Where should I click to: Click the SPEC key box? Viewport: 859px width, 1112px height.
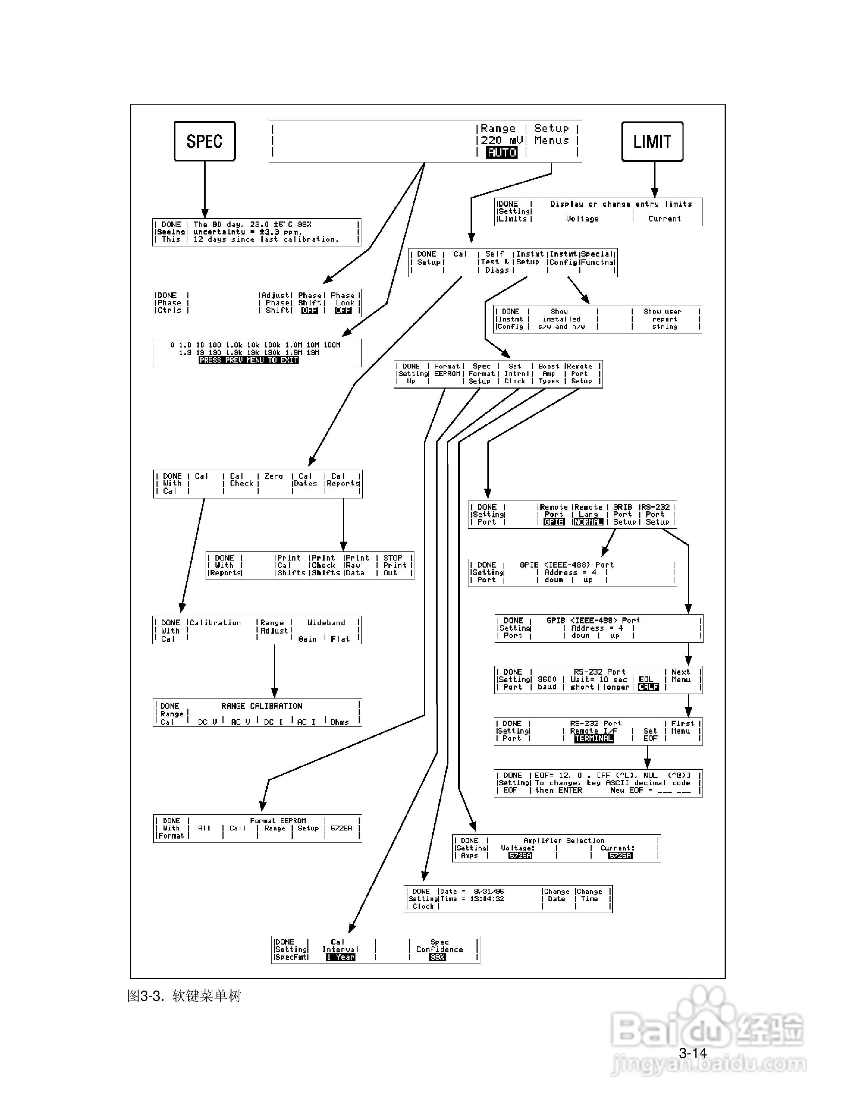pyautogui.click(x=205, y=141)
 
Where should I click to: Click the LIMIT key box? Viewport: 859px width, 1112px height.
pyautogui.click(x=652, y=141)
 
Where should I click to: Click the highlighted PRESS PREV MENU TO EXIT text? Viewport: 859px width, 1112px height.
pyautogui.click(x=248, y=360)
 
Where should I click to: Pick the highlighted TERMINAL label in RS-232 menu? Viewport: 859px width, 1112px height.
pyautogui.click(x=594, y=738)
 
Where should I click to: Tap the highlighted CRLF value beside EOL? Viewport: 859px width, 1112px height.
pyautogui.click(x=648, y=687)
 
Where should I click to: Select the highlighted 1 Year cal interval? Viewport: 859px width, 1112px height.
pyautogui.click(x=340, y=957)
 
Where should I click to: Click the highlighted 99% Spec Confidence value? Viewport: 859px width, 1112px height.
pyautogui.click(x=437, y=957)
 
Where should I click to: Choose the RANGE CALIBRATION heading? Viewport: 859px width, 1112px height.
pyautogui.click(x=261, y=706)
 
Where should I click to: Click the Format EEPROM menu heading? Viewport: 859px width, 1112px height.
pyautogui.click(x=278, y=821)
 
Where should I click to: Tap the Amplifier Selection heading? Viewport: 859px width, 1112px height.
pyautogui.click(x=564, y=841)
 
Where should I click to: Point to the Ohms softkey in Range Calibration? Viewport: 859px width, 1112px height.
pyautogui.click(x=339, y=722)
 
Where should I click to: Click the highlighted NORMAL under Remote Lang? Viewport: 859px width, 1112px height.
pyautogui.click(x=588, y=522)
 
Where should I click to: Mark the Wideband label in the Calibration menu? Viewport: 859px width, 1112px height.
pyautogui.click(x=326, y=623)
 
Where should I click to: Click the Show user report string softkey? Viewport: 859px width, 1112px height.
pyautogui.click(x=665, y=319)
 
